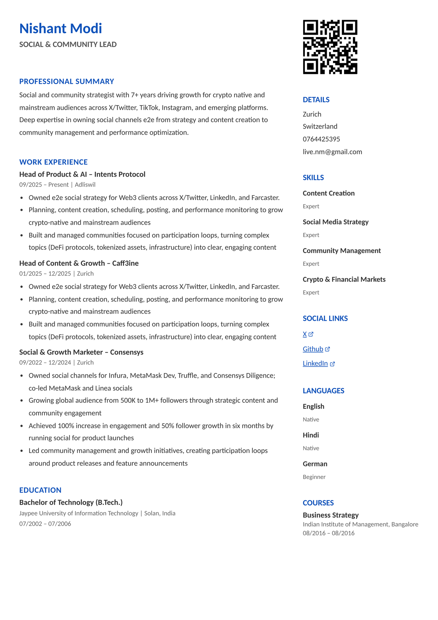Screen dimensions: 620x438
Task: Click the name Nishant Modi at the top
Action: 60,29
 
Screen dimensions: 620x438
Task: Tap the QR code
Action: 330,47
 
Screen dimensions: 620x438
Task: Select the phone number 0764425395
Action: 321,139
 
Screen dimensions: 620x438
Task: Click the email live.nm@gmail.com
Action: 332,152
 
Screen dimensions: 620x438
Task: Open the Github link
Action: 313,349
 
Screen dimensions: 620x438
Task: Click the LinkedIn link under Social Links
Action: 315,364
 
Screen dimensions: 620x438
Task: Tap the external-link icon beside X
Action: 311,334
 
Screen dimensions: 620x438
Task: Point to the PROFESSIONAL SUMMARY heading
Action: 66,82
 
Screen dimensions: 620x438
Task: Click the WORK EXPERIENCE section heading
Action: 53,162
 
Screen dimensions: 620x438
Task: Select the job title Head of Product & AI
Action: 53,175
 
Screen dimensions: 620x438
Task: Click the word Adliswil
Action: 85,185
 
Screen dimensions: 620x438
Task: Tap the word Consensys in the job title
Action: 127,352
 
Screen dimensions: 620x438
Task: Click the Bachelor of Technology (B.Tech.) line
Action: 71,502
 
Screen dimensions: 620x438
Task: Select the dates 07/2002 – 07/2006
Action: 45,524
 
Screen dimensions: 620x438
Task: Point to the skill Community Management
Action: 342,251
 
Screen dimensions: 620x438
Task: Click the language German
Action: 315,464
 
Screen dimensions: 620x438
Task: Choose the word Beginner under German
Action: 314,477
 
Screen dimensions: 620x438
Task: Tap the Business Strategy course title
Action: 330,515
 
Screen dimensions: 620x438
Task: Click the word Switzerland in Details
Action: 320,126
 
